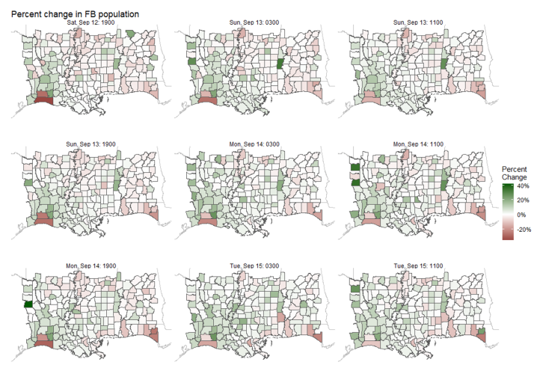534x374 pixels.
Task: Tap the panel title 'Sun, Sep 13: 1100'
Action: [x=420, y=24]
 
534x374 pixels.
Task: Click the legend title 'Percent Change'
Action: [x=515, y=173]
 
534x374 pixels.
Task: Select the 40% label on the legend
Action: [x=524, y=186]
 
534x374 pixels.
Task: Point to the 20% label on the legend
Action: [x=524, y=200]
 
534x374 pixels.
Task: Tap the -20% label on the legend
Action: [x=523, y=230]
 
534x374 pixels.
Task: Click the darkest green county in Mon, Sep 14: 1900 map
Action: [x=28, y=304]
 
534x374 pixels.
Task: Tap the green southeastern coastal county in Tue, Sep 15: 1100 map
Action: [x=482, y=331]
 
